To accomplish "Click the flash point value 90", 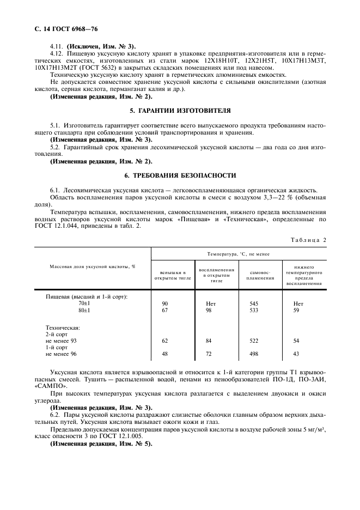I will click(166, 303).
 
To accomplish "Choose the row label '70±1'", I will click(84, 303).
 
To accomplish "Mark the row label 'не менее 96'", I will click(62, 354).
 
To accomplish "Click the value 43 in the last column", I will click(296, 354).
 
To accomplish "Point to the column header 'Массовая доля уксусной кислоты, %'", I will click(93, 266).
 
